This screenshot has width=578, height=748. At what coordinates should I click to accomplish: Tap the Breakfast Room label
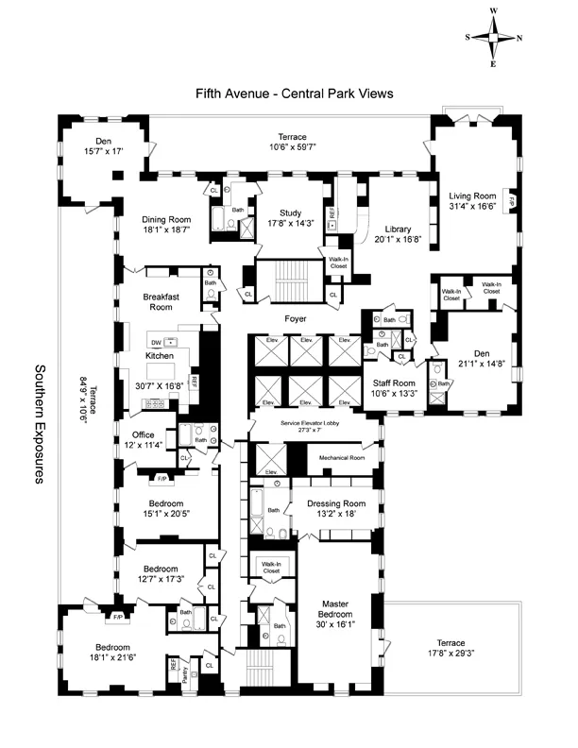(163, 301)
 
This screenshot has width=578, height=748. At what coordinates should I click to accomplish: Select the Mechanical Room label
(341, 456)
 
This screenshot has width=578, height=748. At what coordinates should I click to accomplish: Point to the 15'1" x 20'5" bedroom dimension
(163, 515)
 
